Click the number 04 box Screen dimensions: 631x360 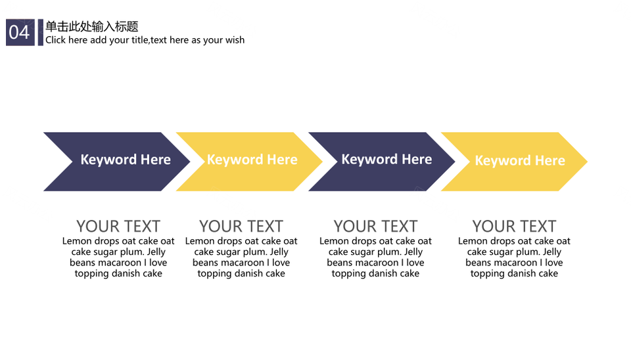[20, 32]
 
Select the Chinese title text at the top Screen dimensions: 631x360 [92, 26]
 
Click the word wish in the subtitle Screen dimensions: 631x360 [235, 40]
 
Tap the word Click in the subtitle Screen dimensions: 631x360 [55, 40]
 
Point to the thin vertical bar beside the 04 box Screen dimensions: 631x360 [41, 32]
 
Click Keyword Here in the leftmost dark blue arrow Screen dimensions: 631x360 [126, 160]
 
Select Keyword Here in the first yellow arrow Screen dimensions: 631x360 [252, 160]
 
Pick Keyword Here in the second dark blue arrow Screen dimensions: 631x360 [386, 159]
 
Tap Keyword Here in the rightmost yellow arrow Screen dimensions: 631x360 [520, 160]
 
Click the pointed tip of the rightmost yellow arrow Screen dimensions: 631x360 [587, 162]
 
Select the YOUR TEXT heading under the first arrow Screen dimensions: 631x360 [118, 227]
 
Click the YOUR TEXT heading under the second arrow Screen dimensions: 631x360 [241, 227]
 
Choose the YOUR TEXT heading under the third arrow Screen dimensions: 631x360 [375, 227]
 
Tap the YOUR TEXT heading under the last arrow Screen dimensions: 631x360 [514, 227]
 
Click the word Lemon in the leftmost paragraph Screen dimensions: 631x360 [77, 241]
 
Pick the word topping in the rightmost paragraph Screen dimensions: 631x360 [485, 274]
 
